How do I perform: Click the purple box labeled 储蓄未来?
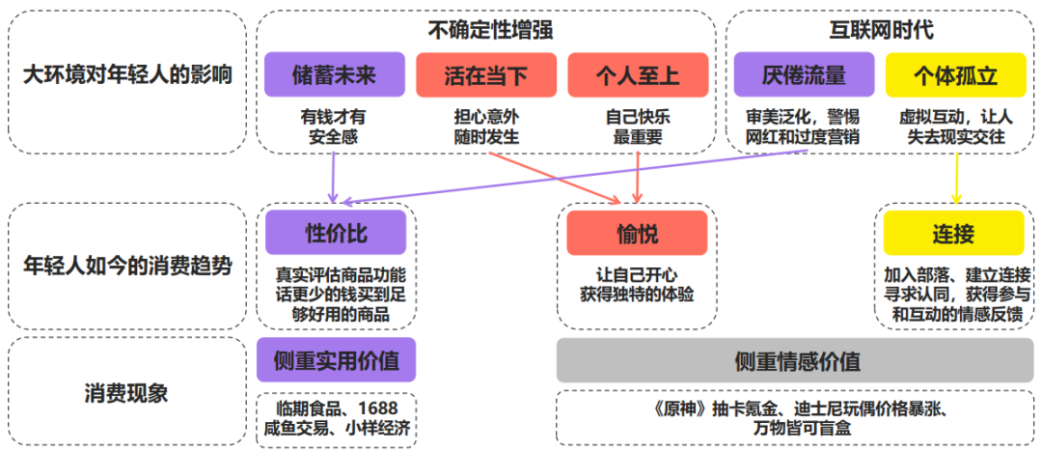point(334,74)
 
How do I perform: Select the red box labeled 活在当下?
point(486,74)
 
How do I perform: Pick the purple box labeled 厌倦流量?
point(804,74)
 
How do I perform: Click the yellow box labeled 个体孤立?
point(954,74)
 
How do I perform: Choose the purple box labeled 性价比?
point(336,233)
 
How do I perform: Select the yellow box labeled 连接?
point(953,233)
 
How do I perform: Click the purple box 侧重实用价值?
point(336,361)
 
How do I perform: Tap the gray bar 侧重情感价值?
point(797,361)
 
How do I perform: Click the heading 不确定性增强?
point(486,30)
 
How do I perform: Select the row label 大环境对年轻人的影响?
point(126,74)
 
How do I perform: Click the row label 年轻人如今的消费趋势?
point(126,266)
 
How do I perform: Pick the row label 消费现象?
point(126,392)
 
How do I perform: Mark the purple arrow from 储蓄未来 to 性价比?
point(333,174)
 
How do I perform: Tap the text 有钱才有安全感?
point(334,127)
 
